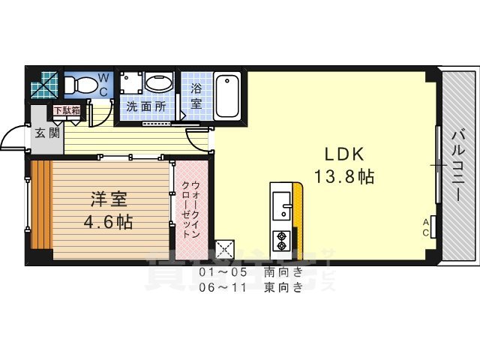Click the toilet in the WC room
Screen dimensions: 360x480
click(x=77, y=85)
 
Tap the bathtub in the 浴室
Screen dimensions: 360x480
click(x=226, y=96)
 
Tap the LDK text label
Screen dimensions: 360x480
click(x=343, y=154)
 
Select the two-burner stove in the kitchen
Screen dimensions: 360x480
click(x=282, y=241)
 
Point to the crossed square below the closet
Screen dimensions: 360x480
click(x=225, y=249)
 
